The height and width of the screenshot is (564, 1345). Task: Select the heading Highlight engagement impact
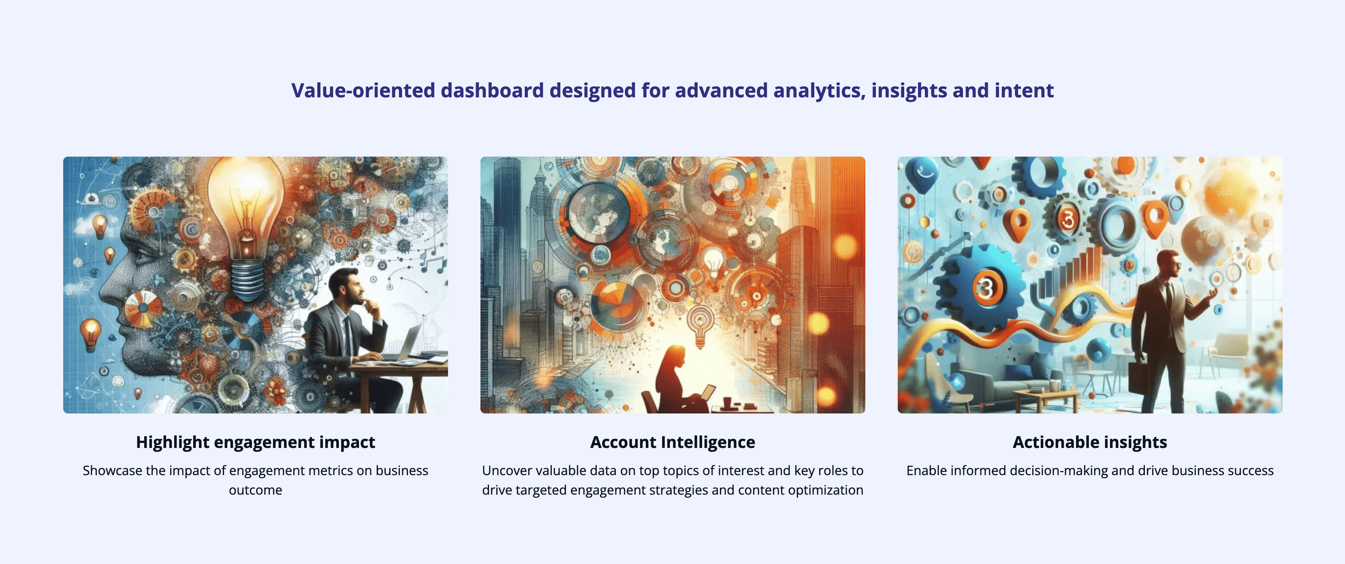click(x=255, y=443)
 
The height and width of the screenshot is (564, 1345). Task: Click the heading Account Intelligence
click(x=672, y=443)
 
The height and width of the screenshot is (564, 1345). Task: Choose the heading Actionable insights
click(x=1090, y=443)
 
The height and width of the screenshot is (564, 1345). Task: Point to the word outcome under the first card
click(x=255, y=490)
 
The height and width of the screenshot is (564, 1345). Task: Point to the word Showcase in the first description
click(x=112, y=470)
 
